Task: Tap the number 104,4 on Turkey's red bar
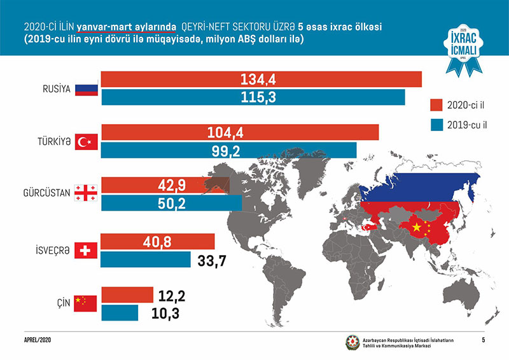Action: (226, 132)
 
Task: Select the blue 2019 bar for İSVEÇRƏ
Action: (146, 260)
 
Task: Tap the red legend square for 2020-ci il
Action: (436, 104)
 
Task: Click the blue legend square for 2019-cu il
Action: (436, 125)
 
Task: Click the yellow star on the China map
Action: (417, 227)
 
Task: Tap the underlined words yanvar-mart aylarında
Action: (127, 27)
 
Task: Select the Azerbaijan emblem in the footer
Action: (352, 343)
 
